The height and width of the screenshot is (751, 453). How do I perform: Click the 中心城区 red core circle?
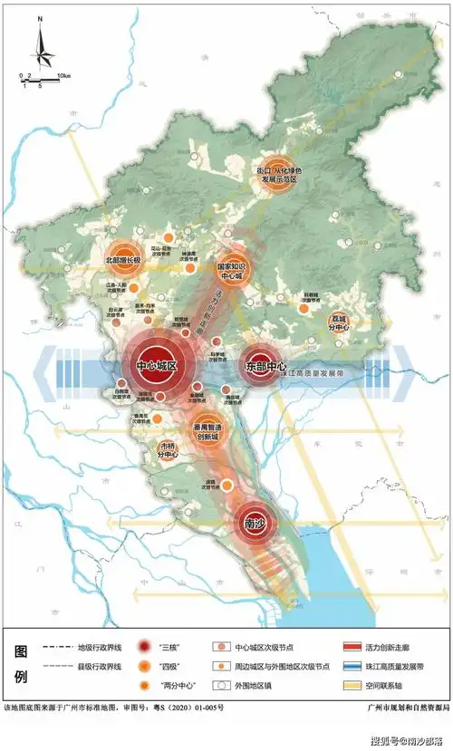[x=160, y=365]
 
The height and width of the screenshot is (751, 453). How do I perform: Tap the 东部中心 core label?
[x=265, y=366]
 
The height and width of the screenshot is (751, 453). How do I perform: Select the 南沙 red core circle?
[x=255, y=522]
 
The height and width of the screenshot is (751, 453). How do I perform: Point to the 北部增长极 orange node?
[x=124, y=260]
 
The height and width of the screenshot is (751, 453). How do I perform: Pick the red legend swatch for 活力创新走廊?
[x=352, y=646]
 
